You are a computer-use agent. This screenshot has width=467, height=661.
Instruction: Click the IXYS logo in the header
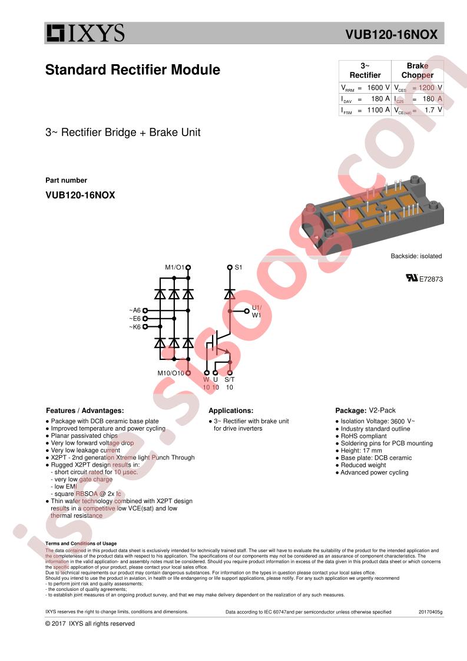(x=85, y=34)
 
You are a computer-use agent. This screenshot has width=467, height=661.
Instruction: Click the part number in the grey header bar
(x=395, y=35)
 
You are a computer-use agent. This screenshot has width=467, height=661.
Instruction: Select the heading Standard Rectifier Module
(x=133, y=70)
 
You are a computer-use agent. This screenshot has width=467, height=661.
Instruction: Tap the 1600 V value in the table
(x=378, y=87)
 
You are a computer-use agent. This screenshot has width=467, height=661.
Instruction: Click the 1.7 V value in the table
(x=432, y=110)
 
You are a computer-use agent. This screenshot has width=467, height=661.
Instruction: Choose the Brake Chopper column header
(x=417, y=70)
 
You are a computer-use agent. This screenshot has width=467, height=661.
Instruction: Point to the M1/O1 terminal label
(x=174, y=267)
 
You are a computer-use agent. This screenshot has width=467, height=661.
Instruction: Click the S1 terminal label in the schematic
(x=239, y=267)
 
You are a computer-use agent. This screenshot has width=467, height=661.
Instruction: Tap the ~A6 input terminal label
(x=135, y=310)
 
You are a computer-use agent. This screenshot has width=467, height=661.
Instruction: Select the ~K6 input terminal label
(x=135, y=326)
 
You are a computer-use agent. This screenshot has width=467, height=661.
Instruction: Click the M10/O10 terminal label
(x=171, y=373)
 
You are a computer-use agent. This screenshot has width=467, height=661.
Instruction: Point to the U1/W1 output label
(x=257, y=311)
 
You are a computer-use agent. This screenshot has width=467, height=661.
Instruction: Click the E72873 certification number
(x=430, y=279)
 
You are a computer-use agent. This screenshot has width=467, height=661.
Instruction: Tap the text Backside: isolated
(x=416, y=256)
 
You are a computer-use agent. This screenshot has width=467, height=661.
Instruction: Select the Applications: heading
(x=231, y=411)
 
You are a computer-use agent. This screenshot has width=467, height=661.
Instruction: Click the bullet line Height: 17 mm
(x=361, y=451)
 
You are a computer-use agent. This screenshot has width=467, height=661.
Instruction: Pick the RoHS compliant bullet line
(x=363, y=436)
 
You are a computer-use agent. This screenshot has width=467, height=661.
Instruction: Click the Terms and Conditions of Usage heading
(x=81, y=544)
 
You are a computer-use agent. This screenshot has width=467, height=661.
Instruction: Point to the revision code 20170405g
(x=430, y=612)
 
